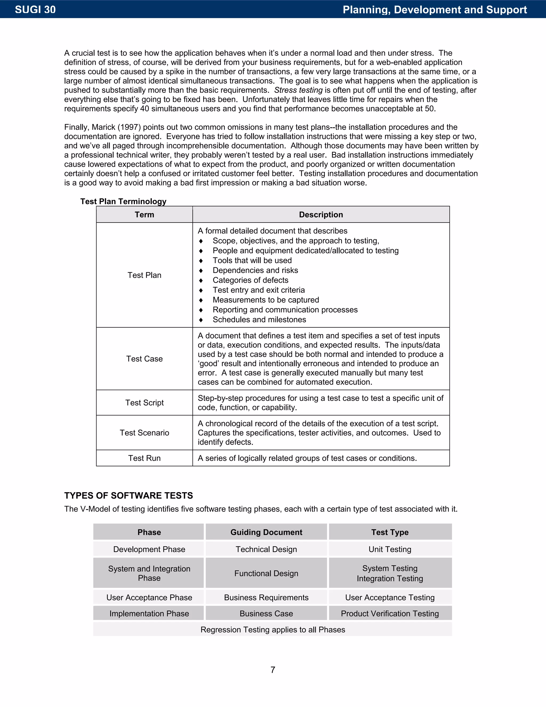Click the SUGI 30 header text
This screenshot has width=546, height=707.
35,9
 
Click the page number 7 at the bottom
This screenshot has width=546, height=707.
273,669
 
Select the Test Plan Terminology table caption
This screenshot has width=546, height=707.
123,201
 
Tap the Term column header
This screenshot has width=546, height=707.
144,215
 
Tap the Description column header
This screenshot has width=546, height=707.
321,215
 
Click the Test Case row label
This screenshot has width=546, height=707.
144,359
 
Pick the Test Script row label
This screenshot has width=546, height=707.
144,403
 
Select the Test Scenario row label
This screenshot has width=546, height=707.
144,433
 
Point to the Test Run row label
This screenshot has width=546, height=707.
144,458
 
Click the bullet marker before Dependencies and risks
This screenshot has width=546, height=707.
201,271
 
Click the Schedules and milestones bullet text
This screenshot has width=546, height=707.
259,320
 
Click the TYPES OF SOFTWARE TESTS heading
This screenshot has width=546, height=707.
129,496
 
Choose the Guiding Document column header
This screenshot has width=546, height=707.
266,532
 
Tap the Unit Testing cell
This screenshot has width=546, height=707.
390,549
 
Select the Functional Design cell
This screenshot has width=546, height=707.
266,573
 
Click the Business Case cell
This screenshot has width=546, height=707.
266,613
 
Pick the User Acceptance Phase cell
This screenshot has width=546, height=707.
149,598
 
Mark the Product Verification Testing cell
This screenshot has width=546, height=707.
390,613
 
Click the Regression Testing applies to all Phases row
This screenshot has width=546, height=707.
273,630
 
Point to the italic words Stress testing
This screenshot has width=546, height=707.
298,90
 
